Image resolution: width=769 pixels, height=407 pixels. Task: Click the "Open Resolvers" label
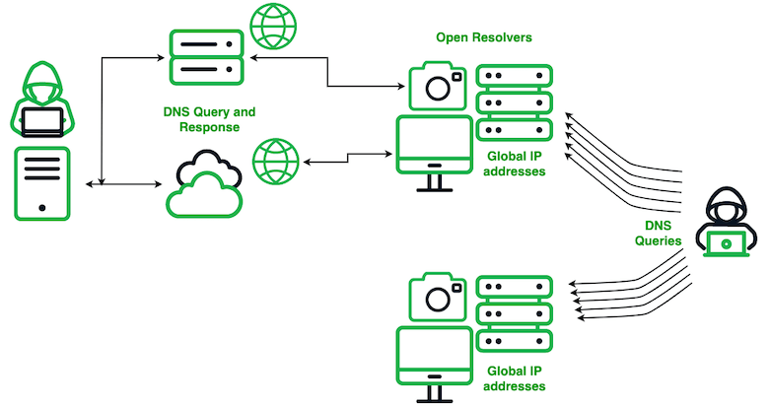point(484,37)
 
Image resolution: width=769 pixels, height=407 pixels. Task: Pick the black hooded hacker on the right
point(727,228)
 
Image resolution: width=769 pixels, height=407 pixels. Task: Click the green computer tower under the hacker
point(41,183)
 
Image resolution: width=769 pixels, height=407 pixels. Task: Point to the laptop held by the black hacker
point(727,242)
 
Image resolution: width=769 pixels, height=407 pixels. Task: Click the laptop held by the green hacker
point(41,121)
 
